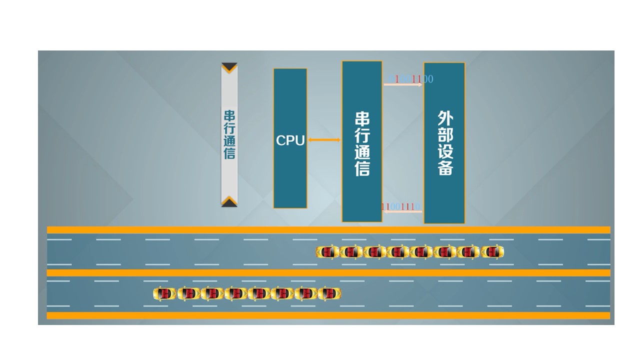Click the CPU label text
click(290, 140)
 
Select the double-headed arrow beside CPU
click(324, 140)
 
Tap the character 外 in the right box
click(444, 118)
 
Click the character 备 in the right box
click(444, 168)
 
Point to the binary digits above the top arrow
click(410, 79)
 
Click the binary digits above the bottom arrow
click(400, 206)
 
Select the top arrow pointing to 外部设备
click(403, 85)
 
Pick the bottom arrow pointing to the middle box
click(403, 211)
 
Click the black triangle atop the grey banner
click(229, 67)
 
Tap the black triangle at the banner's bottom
click(229, 201)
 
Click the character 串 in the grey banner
click(229, 115)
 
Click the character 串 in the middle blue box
click(362, 119)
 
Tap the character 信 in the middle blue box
click(362, 169)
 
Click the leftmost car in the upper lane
click(327, 252)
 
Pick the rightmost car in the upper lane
click(492, 252)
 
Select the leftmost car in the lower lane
click(164, 293)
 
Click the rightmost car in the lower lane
click(329, 293)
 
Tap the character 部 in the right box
click(444, 135)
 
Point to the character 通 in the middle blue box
click(362, 152)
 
